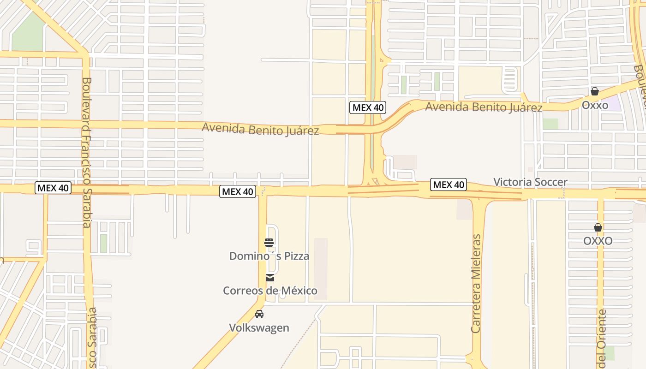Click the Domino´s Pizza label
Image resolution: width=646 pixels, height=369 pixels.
point(269,256)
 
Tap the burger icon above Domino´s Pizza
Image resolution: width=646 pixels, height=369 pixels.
point(269,242)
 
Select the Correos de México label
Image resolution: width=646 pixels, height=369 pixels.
point(270,291)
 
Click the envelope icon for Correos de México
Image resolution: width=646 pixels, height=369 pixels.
point(270,277)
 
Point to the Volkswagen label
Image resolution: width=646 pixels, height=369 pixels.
point(259,328)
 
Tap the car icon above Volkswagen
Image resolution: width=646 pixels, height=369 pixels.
point(259,314)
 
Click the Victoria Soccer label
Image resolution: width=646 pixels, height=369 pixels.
point(530,182)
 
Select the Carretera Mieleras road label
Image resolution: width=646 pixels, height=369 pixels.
point(476,283)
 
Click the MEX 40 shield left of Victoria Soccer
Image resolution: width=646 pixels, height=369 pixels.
point(448,185)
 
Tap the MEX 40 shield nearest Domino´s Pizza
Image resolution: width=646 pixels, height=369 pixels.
point(237,191)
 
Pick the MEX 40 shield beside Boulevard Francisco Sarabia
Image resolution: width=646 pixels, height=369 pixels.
point(53,188)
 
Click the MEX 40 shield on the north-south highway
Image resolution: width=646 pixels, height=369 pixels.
point(367,108)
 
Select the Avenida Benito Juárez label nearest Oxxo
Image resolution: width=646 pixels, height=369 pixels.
point(483,107)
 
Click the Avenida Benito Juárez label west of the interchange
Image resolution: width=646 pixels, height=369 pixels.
point(260,129)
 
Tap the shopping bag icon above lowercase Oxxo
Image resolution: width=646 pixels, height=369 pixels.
point(595,91)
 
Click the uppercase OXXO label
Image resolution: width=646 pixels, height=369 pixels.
point(598,241)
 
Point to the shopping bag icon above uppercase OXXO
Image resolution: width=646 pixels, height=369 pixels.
point(598,227)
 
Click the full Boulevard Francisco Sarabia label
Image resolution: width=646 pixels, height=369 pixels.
point(87,152)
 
